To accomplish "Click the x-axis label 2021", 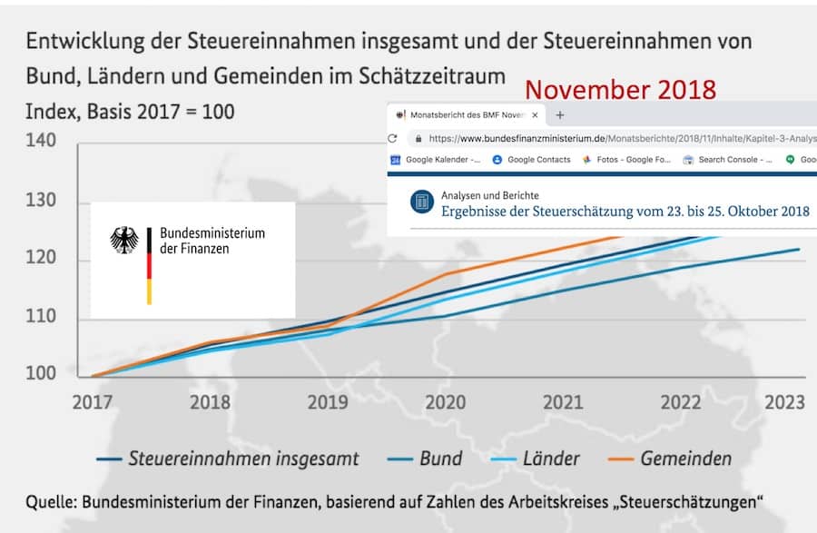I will [x=563, y=402].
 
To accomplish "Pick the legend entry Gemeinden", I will [x=686, y=459].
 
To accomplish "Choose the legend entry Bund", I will [x=440, y=459].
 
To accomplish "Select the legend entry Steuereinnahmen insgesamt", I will [x=242, y=459].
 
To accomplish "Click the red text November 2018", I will [x=620, y=90].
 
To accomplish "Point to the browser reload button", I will [x=393, y=139].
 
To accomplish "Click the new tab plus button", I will [x=560, y=115].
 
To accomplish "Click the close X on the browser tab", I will [x=535, y=115].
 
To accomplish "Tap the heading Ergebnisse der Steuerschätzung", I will [x=625, y=212].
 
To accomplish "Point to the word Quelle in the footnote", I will [x=51, y=500].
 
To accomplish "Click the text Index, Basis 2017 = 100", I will [x=130, y=112].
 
